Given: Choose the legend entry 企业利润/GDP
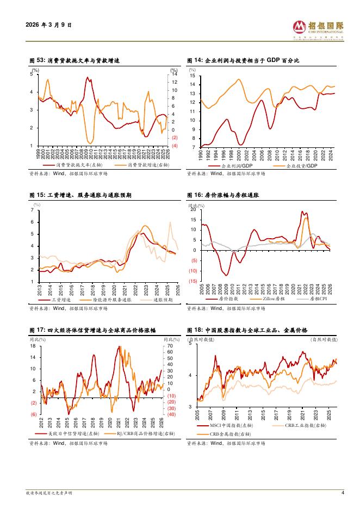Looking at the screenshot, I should tap(235, 165).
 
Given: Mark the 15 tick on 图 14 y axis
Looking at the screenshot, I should tap(193, 76).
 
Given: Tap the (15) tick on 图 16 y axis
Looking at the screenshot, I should tap(193, 281).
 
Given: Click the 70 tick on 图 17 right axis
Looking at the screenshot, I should tap(170, 346).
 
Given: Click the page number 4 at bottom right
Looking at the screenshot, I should tap(343, 493).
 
